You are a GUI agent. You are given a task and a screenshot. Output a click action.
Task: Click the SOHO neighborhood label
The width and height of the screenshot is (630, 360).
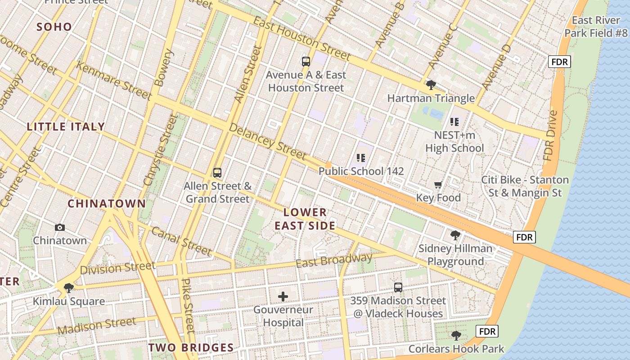click(54, 27)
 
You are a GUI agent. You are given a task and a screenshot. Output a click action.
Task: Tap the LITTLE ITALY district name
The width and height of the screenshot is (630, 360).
click(66, 127)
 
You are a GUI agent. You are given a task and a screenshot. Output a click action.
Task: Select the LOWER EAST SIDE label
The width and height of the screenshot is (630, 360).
click(305, 219)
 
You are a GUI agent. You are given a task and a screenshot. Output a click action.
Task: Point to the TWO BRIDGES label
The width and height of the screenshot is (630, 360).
click(191, 347)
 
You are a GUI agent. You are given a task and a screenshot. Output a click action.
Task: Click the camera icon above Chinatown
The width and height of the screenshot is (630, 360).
click(59, 228)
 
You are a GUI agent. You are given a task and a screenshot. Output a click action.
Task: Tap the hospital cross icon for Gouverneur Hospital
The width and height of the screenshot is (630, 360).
click(283, 297)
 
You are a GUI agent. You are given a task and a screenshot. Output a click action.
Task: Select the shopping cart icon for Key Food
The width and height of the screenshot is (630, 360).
click(438, 185)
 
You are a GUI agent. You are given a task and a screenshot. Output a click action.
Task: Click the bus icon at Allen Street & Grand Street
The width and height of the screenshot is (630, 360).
click(217, 172)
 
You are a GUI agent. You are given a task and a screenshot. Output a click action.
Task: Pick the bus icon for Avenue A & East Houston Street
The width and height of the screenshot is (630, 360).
click(306, 62)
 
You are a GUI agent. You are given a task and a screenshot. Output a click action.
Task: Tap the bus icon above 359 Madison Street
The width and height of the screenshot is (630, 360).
click(398, 288)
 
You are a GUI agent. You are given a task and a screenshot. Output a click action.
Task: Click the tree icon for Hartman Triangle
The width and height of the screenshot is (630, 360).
click(431, 85)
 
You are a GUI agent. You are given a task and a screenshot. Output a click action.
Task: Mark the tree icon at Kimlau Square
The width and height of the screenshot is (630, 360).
click(69, 288)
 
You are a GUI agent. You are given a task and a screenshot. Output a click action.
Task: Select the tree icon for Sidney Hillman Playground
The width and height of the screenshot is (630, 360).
click(455, 235)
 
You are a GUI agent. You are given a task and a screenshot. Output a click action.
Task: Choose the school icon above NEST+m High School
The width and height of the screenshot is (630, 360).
click(454, 121)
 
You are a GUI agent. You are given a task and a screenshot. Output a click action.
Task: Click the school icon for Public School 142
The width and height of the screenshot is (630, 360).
click(361, 158)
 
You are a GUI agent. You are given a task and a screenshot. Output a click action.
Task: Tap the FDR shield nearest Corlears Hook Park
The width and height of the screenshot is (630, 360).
click(487, 332)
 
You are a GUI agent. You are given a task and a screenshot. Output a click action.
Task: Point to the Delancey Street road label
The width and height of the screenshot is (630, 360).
click(267, 140)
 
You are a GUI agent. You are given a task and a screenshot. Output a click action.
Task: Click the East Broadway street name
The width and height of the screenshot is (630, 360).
click(334, 261)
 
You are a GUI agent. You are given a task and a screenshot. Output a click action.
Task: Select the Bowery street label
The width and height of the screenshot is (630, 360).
click(163, 67)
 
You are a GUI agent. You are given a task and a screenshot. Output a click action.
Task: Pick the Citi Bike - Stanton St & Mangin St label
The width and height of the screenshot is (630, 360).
click(525, 186)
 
